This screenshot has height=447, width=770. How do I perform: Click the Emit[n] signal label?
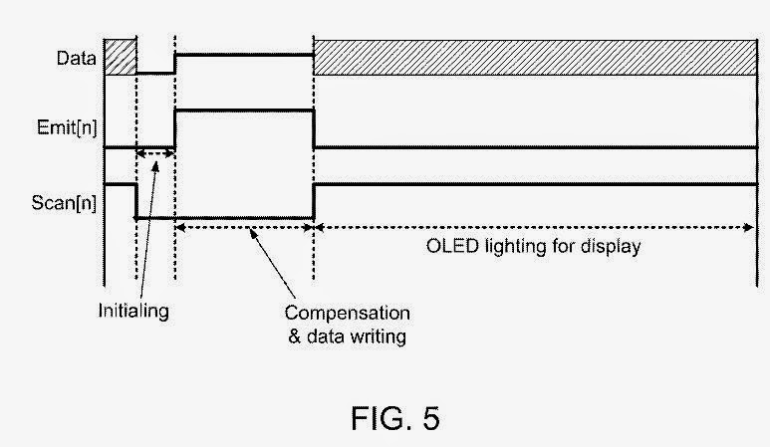(x=73, y=126)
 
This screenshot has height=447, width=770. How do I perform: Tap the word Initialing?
(x=132, y=311)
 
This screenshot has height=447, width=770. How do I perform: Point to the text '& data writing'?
(x=347, y=336)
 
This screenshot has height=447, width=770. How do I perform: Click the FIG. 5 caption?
(x=394, y=418)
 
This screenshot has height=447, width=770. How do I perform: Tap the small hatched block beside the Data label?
(x=120, y=57)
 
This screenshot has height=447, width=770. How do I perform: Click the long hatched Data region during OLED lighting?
(x=534, y=57)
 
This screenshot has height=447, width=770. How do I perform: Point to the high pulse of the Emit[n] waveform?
(x=244, y=110)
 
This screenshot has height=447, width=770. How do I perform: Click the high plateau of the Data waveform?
(x=244, y=55)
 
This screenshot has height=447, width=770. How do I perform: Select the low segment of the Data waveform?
(x=154, y=73)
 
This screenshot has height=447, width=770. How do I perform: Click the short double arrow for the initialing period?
(x=155, y=153)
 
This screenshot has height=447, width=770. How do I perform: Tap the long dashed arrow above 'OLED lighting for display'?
(x=534, y=227)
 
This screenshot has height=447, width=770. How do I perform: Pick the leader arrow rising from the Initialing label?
(x=147, y=229)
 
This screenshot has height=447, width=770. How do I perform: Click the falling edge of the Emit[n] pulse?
(x=314, y=127)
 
